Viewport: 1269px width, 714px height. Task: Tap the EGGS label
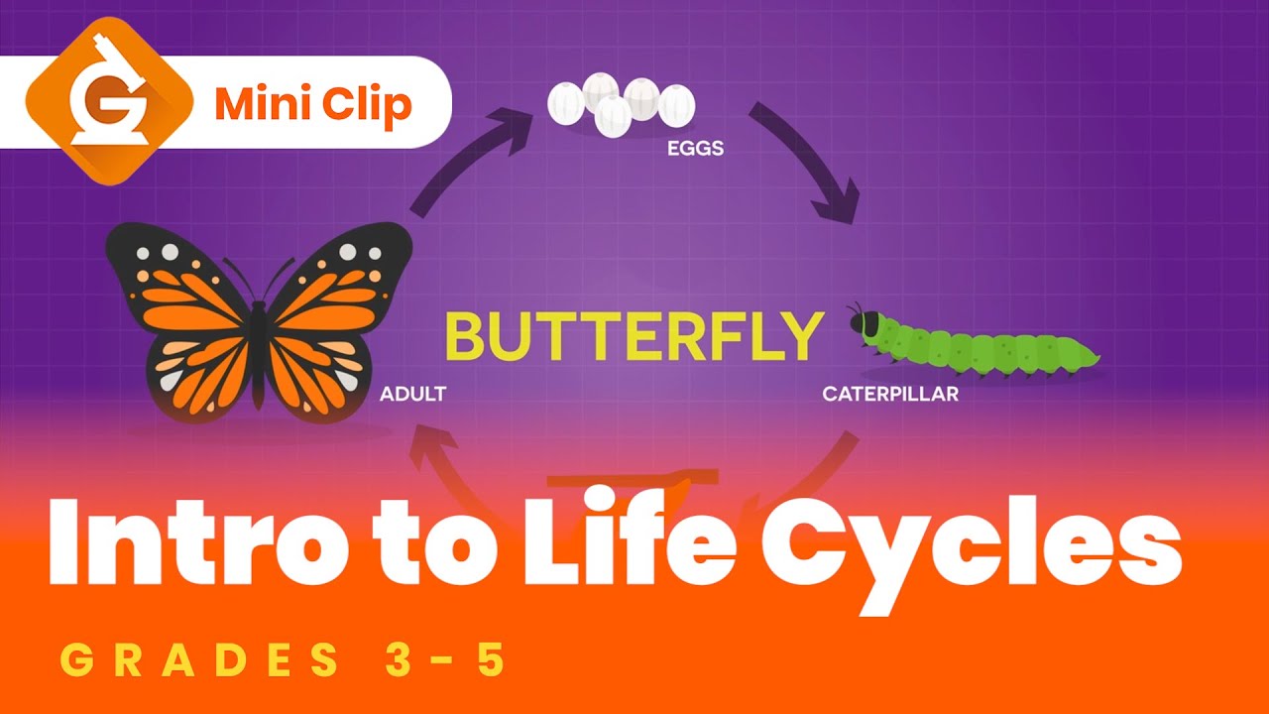[694, 150]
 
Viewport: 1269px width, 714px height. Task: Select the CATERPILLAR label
[890, 394]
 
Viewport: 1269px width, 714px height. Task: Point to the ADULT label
[412, 394]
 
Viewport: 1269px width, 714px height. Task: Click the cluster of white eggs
[622, 102]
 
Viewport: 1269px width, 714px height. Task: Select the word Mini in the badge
[259, 103]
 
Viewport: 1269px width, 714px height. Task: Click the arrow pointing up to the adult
[436, 466]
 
